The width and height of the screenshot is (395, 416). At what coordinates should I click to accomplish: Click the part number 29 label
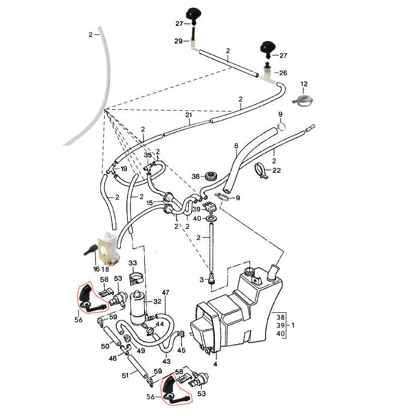(178, 41)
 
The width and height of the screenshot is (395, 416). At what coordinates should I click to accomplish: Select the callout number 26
(283, 73)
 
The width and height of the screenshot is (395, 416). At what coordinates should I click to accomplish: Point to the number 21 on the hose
(189, 115)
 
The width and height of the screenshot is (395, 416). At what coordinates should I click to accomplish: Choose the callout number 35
(148, 155)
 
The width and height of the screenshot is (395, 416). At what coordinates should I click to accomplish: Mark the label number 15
(150, 203)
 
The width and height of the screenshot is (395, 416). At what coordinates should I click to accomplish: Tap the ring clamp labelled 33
(135, 277)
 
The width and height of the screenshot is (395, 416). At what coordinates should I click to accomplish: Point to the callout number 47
(165, 293)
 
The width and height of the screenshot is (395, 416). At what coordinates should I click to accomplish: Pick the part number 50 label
(105, 346)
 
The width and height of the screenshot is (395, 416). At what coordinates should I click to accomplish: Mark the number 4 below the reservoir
(215, 364)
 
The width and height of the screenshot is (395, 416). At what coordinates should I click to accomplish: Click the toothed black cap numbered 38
(211, 177)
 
